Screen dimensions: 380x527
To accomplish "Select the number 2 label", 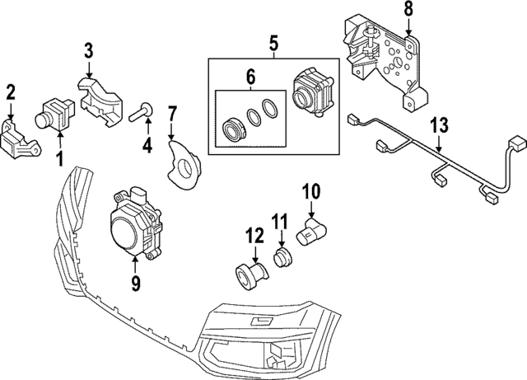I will point(11,92).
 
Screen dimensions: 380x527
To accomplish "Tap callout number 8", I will point(408,12).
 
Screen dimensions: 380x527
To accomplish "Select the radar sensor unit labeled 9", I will point(135,223).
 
